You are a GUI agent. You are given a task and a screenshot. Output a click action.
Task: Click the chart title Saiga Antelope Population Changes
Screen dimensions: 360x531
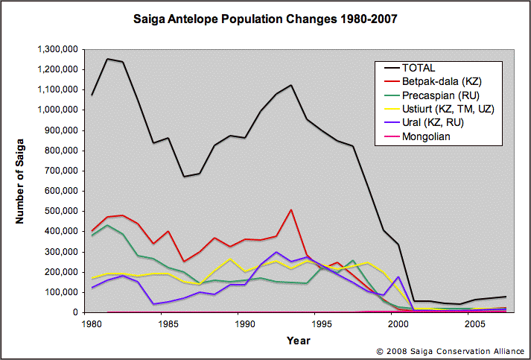click(265, 17)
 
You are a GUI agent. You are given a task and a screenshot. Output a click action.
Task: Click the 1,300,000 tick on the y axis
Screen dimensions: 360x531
click(58, 49)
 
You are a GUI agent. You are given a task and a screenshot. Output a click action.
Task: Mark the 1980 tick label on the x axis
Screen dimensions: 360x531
click(92, 325)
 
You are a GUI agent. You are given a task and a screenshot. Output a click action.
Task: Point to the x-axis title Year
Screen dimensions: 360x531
click(299, 341)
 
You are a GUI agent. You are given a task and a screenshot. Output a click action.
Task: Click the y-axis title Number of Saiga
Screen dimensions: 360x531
click(22, 181)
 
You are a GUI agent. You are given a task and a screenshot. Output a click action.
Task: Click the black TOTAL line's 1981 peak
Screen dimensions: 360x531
click(108, 59)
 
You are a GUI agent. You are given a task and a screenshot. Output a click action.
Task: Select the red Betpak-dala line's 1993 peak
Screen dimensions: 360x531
click(292, 210)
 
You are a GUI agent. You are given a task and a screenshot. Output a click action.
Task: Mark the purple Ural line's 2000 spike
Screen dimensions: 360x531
click(398, 277)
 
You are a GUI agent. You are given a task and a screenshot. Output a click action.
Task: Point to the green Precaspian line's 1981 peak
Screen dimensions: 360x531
click(108, 225)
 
